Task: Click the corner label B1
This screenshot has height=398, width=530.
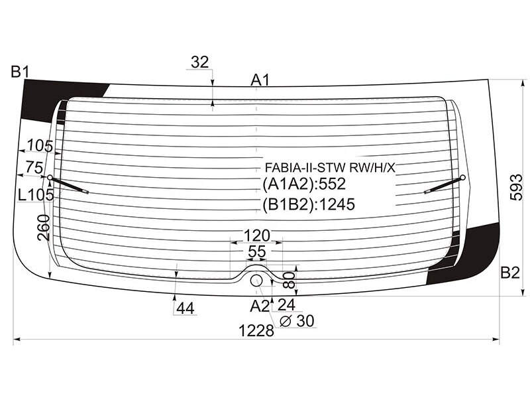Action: [21, 72]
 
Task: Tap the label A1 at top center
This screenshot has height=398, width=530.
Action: [260, 80]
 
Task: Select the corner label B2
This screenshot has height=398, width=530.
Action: [509, 273]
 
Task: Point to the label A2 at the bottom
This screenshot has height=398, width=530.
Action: [260, 306]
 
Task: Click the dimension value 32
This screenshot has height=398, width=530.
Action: [200, 62]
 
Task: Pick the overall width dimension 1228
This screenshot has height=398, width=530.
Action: [256, 330]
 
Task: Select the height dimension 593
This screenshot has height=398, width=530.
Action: [517, 187]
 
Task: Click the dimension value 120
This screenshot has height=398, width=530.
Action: [257, 235]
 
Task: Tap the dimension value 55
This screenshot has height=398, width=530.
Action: [257, 251]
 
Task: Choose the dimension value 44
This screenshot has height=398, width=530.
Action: [185, 308]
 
